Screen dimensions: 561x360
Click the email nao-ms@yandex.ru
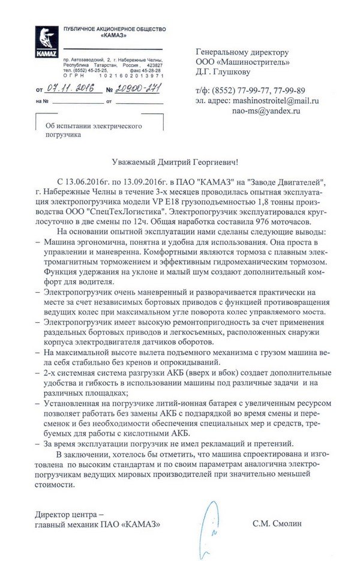coord(266,111)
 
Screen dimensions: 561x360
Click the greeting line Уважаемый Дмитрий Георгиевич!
coord(179,162)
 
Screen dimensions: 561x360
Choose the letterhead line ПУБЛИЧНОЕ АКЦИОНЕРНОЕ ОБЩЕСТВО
coord(114,29)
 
